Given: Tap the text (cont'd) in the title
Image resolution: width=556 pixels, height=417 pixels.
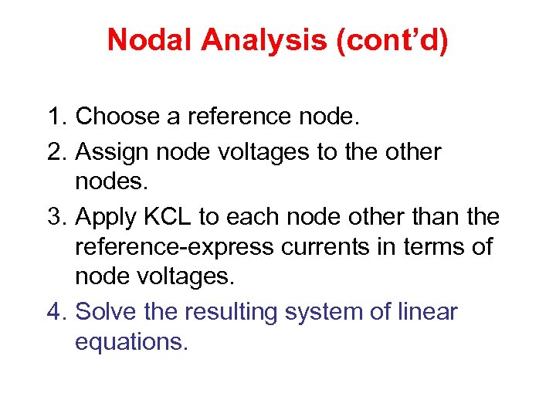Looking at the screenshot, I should (x=392, y=40).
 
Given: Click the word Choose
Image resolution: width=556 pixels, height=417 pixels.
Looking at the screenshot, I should (x=117, y=117).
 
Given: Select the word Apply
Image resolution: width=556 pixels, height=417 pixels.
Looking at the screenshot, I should (x=104, y=219).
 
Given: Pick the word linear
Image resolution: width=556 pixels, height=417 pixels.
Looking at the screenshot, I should (x=429, y=312).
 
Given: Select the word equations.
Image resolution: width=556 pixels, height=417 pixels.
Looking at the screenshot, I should (x=131, y=341).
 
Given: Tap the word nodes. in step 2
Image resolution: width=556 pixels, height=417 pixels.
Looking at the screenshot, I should (x=108, y=181).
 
